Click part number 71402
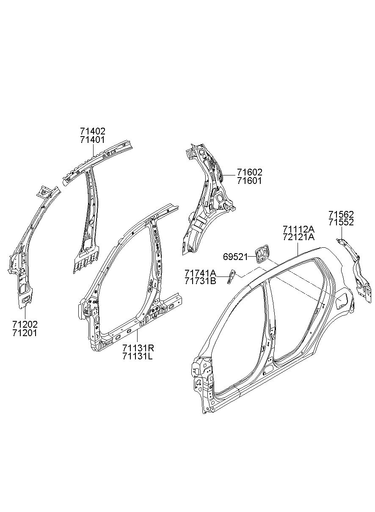92,131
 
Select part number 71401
92,140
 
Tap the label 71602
249,172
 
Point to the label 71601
249,181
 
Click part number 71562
341,214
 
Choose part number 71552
341,222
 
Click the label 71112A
299,229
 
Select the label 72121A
299,237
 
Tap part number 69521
235,257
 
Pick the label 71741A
200,273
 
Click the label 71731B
200,281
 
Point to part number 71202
25,324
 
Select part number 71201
25,333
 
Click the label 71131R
138,348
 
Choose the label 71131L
138,356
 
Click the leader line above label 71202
25,312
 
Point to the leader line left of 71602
228,175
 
